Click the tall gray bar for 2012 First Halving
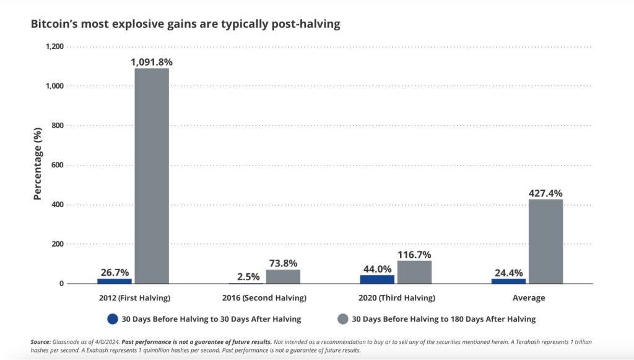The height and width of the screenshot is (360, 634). pyautogui.click(x=152, y=175)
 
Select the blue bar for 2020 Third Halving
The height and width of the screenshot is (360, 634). pyautogui.click(x=377, y=279)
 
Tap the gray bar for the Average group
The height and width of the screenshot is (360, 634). pyautogui.click(x=545, y=241)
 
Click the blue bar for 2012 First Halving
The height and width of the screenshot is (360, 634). pyautogui.click(x=115, y=281)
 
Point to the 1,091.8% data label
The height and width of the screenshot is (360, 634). pyautogui.click(x=151, y=61)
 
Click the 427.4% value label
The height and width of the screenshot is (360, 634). pyautogui.click(x=545, y=193)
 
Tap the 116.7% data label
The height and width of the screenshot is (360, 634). pyautogui.click(x=414, y=254)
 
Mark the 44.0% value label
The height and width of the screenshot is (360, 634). pyautogui.click(x=377, y=268)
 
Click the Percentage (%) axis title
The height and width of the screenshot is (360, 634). pyautogui.click(x=38, y=165)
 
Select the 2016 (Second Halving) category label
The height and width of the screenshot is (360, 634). pyautogui.click(x=264, y=298)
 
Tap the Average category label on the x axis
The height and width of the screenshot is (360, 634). pyautogui.click(x=529, y=298)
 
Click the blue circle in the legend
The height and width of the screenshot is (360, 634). pyautogui.click(x=112, y=319)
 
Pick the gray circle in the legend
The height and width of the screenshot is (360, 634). pyautogui.click(x=342, y=319)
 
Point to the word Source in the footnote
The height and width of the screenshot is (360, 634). pyautogui.click(x=41, y=342)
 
